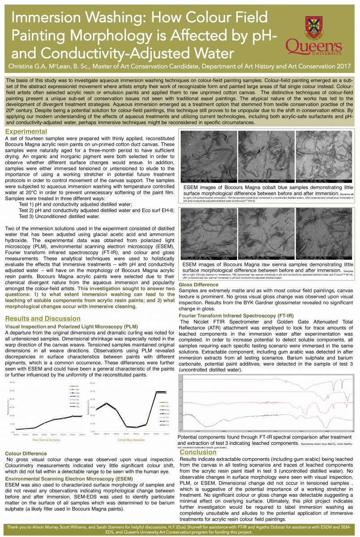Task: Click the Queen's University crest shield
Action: coord(313,26)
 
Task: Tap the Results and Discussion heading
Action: coord(43,319)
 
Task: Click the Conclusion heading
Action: coord(197,452)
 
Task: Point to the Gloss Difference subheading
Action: coord(199,285)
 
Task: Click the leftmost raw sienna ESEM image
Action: coord(208,234)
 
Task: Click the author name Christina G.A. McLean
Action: coord(43,66)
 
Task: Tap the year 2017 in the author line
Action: coord(344,66)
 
